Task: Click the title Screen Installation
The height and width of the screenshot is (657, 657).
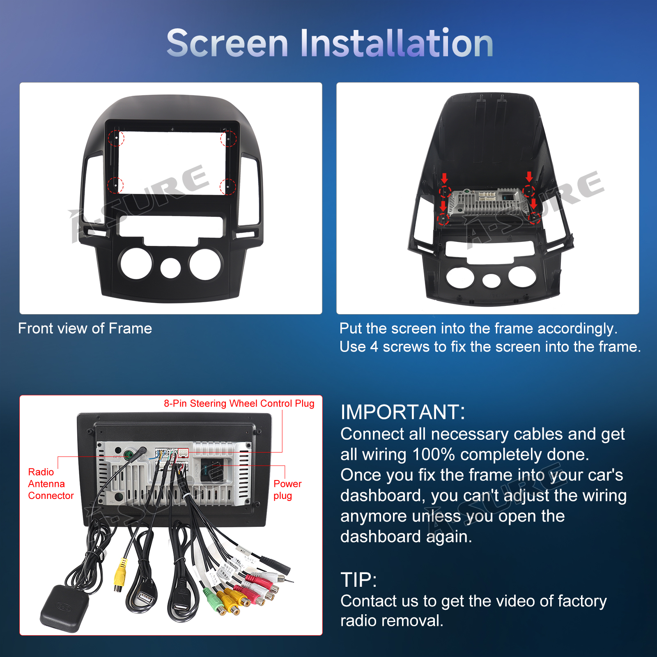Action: coord(330,43)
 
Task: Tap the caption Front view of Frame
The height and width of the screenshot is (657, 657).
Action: coord(85,328)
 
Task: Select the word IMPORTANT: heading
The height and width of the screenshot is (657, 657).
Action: coord(403,412)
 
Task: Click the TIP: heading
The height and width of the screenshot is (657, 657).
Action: coord(358,580)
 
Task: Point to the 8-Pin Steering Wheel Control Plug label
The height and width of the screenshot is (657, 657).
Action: coord(239,403)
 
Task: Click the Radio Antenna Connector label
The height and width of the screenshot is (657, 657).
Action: coord(51,484)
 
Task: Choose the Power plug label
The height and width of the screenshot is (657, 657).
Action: coord(287,489)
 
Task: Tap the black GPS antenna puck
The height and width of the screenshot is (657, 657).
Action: coord(64,609)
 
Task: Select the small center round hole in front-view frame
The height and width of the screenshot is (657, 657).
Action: coord(170,268)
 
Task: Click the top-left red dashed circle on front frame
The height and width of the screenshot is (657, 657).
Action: coord(116,138)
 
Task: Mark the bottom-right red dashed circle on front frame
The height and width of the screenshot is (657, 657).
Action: coord(228,187)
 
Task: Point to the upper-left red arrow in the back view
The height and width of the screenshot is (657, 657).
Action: coord(444,178)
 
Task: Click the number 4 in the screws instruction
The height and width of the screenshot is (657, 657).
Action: coord(374,347)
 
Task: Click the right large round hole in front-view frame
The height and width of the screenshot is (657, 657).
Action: coord(206,264)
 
